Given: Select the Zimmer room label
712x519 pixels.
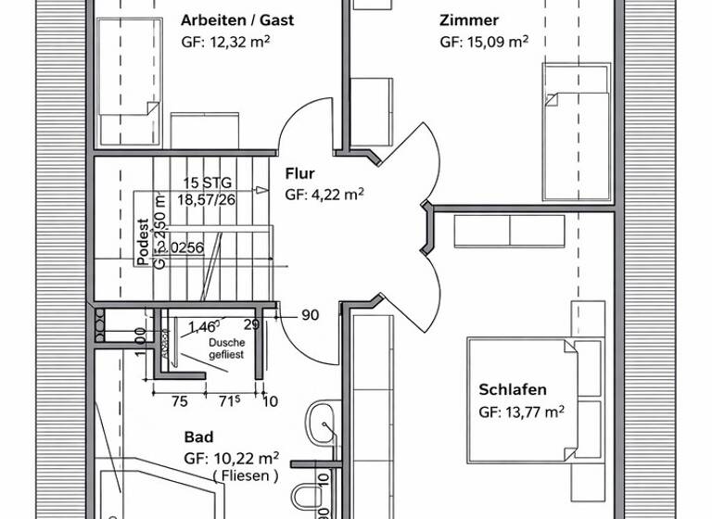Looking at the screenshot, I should pyautogui.click(x=469, y=20).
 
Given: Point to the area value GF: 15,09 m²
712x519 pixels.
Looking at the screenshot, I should pyautogui.click(x=484, y=42).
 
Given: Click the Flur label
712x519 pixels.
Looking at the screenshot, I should pyautogui.click(x=299, y=173).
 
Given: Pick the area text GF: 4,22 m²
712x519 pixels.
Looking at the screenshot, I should pyautogui.click(x=324, y=195).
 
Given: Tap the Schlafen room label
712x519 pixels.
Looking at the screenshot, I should pyautogui.click(x=513, y=390).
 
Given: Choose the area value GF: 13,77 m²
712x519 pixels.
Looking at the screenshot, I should pyautogui.click(x=522, y=412).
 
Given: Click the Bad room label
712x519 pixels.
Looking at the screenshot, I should pyautogui.click(x=198, y=437).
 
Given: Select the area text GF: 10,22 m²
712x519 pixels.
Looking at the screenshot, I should pyautogui.click(x=232, y=458).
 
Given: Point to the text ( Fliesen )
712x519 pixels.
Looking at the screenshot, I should pyautogui.click(x=245, y=476).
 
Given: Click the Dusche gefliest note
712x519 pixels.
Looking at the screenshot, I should pyautogui.click(x=226, y=348).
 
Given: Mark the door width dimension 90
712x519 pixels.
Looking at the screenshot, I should pyautogui.click(x=310, y=316).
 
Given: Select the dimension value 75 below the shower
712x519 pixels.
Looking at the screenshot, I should pyautogui.click(x=180, y=401).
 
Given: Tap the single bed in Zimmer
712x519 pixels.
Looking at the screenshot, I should pyautogui.click(x=578, y=130).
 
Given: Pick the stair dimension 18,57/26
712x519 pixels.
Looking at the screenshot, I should pyautogui.click(x=206, y=199).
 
